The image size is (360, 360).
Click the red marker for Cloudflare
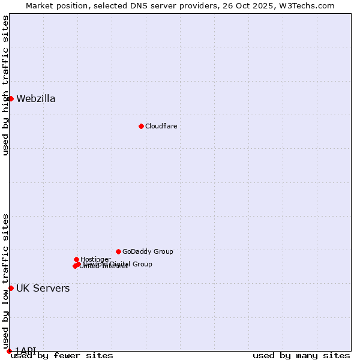click(141, 126)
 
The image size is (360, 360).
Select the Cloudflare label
click(161, 126)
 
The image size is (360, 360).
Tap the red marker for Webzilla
click(11, 98)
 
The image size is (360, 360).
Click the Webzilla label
click(36, 99)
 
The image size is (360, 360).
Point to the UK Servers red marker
click(11, 289)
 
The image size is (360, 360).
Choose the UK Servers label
click(43, 289)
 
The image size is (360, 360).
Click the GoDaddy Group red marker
click(118, 251)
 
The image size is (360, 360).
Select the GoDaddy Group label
click(148, 252)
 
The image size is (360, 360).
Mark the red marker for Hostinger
click(76, 259)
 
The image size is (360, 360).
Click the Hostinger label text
click(95, 259)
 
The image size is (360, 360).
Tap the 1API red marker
click(9, 351)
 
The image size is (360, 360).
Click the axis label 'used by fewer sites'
click(62, 356)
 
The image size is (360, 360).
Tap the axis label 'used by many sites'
click(301, 356)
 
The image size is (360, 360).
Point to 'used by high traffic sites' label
click(6, 85)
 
